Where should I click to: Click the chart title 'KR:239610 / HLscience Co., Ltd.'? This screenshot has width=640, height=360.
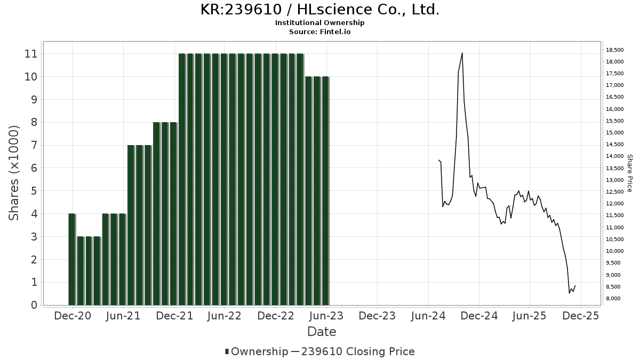click(x=320, y=10)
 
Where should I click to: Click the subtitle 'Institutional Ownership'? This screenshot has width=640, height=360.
click(x=320, y=23)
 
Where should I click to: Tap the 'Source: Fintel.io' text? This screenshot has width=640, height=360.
click(x=320, y=32)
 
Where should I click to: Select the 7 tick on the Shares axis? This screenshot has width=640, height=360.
click(x=34, y=146)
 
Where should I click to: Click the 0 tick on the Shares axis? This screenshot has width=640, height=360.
click(x=34, y=306)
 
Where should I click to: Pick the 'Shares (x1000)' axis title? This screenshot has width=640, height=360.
click(x=14, y=173)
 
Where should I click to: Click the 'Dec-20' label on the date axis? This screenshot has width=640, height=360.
click(x=73, y=316)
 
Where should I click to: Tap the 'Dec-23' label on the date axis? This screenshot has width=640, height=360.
click(x=377, y=316)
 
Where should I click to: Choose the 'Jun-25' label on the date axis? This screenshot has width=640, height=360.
click(x=530, y=316)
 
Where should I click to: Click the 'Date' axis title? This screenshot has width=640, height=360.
click(x=322, y=332)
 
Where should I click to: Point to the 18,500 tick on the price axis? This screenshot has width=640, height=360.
click(x=614, y=50)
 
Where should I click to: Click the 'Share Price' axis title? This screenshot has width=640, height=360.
click(x=629, y=173)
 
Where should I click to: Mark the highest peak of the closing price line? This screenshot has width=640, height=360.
click(x=462, y=53)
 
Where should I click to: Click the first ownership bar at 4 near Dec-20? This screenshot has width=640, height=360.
click(x=72, y=259)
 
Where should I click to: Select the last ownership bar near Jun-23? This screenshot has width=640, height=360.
click(x=325, y=191)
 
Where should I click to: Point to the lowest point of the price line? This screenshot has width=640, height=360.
click(x=570, y=293)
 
